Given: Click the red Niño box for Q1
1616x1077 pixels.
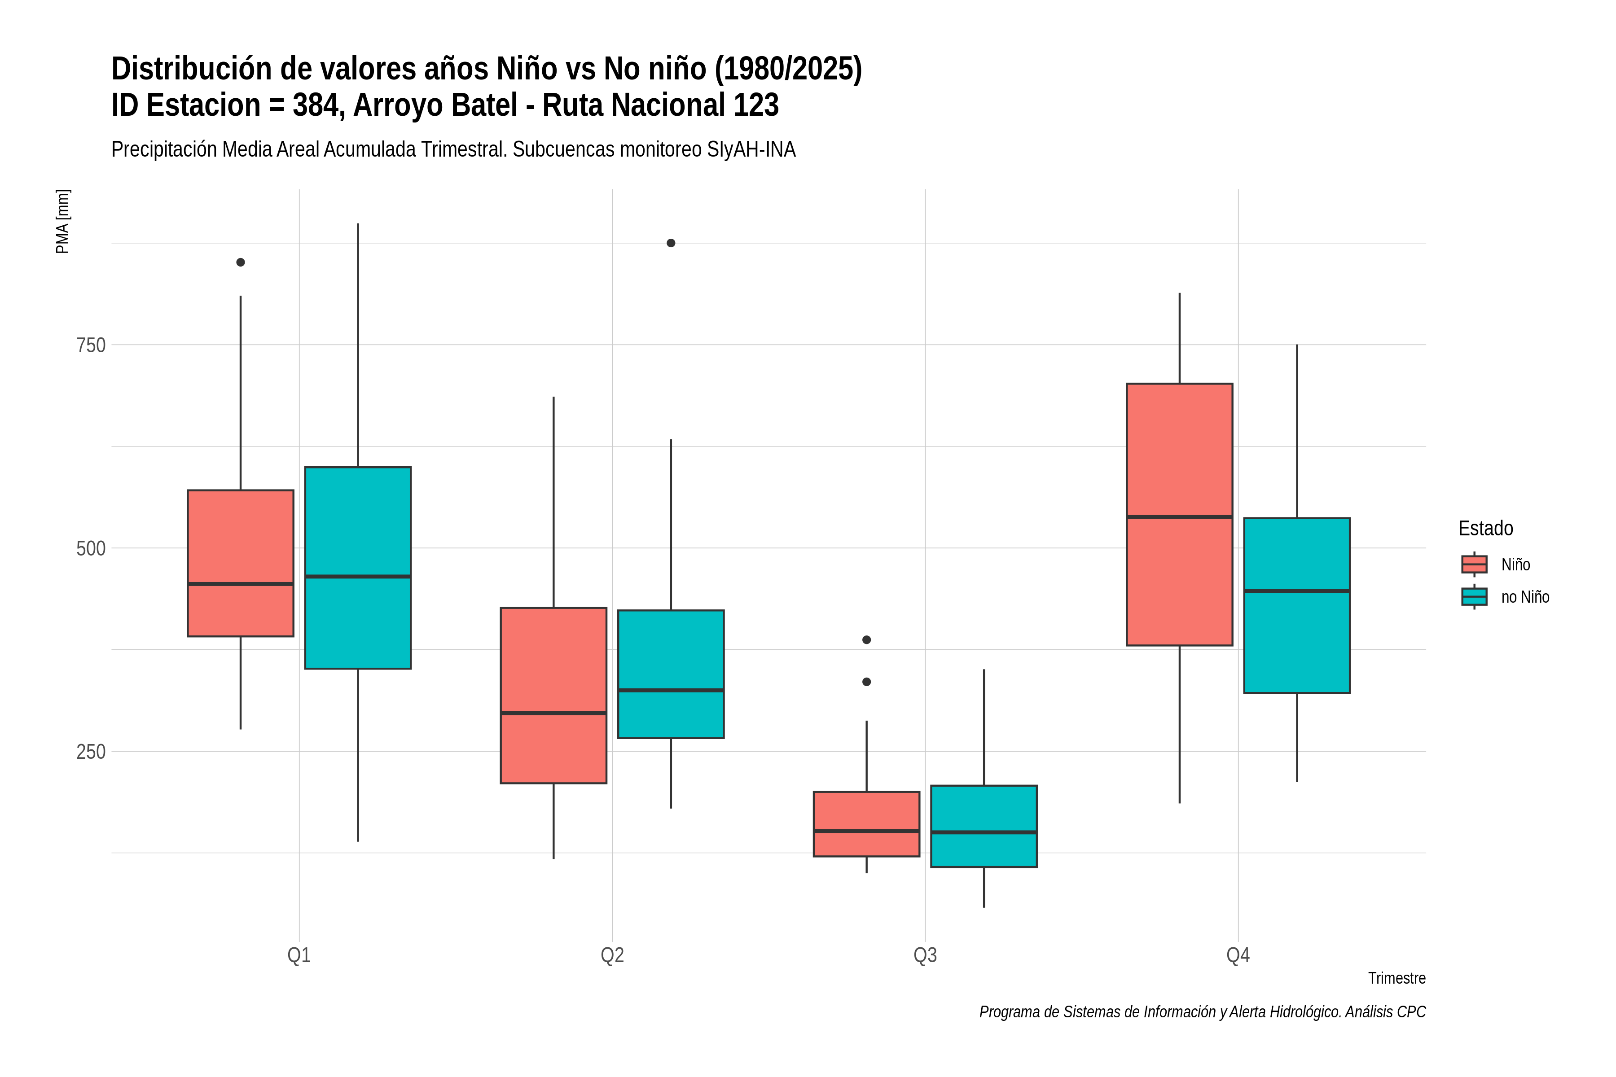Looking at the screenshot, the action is (241, 563).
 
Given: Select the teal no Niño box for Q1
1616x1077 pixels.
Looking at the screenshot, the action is (358, 567).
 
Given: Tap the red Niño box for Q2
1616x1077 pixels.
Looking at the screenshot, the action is (554, 695).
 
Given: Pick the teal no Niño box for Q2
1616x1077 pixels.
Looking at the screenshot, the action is (671, 674).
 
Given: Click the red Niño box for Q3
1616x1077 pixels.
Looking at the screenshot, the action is (866, 823).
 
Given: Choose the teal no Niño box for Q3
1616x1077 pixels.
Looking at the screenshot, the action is (984, 826).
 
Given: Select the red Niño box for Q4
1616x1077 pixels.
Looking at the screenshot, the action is (1180, 514).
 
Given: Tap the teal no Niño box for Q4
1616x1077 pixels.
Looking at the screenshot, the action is (1297, 605).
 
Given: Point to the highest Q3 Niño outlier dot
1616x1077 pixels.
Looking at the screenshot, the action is (866, 639).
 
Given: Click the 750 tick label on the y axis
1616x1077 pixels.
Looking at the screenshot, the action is (92, 345).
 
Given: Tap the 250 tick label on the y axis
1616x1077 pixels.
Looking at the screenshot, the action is (92, 751).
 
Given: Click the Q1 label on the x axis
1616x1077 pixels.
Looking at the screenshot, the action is (299, 955).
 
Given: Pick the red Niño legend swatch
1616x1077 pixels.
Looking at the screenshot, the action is (1475, 564).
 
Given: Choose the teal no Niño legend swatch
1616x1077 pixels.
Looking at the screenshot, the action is (1475, 596).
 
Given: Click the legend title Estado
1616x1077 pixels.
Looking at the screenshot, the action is (1486, 528).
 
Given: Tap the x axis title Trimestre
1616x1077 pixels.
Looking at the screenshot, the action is (1397, 978).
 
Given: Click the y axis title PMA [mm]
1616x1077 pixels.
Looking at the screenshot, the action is (62, 221).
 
